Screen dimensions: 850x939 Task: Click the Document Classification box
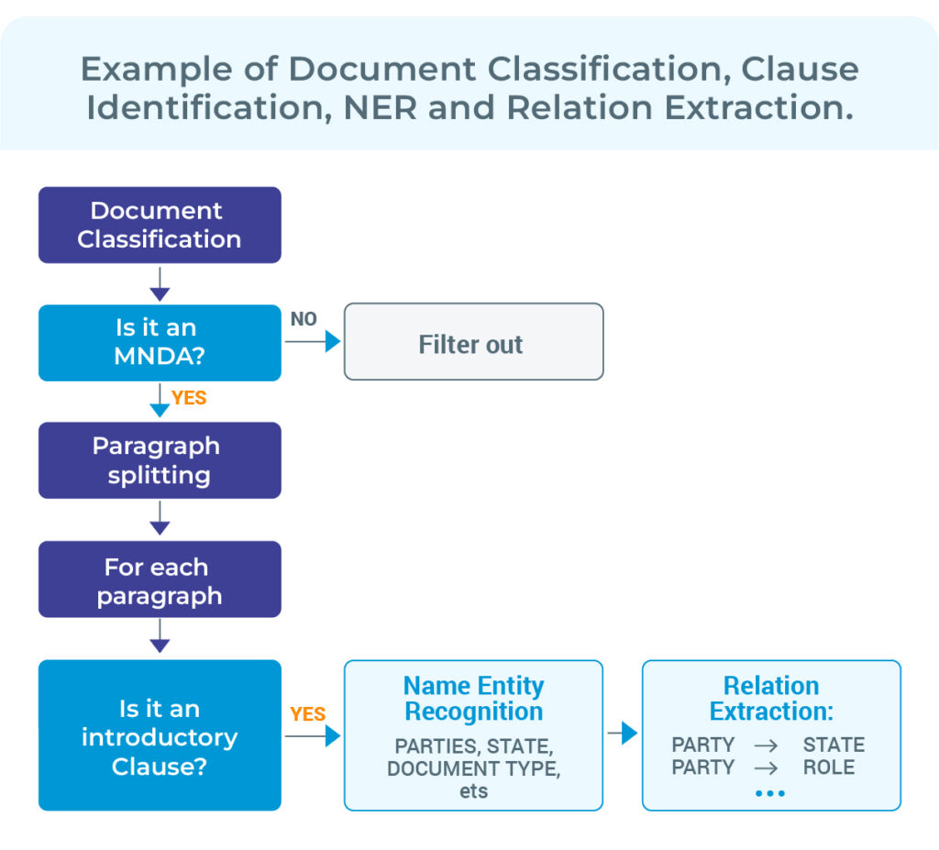tap(160, 225)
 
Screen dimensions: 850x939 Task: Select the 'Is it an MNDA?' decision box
tap(160, 342)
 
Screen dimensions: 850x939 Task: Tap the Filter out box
tap(473, 344)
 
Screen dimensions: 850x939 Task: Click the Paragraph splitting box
tap(160, 460)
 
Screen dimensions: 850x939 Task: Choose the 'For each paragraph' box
tap(160, 580)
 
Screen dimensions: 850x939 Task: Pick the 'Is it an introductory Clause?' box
tap(160, 735)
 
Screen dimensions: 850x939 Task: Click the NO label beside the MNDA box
tap(304, 319)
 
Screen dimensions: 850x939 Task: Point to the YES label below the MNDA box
tap(189, 398)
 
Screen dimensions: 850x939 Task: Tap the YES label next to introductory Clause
tap(307, 713)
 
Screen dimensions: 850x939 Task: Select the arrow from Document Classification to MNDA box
tap(160, 283)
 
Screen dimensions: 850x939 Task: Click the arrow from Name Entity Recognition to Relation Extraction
tap(623, 733)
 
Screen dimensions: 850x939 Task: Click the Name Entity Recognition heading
tap(473, 698)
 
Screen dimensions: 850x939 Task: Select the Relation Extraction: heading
tap(771, 698)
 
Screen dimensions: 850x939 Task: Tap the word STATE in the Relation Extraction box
tap(834, 745)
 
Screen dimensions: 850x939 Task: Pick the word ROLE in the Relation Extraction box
tap(828, 767)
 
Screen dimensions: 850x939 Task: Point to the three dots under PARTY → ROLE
tap(770, 793)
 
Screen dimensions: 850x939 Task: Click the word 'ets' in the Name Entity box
tap(473, 790)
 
